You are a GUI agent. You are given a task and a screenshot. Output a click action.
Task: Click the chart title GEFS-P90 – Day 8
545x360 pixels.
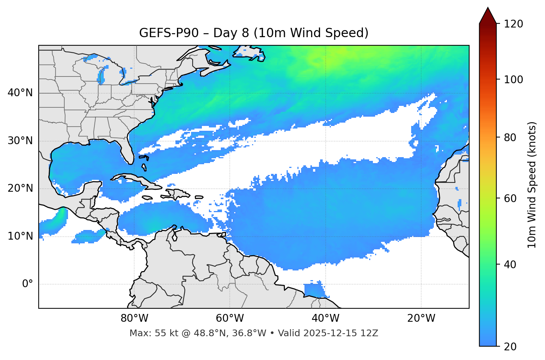point(254,33)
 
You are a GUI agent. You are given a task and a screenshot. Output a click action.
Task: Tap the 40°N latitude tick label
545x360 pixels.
point(20,93)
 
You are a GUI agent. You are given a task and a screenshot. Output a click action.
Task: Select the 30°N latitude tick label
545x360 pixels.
point(20,141)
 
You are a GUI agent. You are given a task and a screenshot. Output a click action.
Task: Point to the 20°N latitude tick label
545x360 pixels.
point(20,188)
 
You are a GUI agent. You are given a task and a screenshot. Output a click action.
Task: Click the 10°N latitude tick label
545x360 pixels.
point(20,236)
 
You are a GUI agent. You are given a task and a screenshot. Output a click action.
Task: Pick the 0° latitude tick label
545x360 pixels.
point(28,284)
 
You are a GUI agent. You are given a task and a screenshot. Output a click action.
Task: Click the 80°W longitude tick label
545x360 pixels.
point(134,318)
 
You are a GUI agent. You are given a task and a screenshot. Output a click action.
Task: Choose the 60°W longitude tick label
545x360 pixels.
point(230,318)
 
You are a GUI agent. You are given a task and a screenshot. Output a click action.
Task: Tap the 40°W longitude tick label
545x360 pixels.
point(326,318)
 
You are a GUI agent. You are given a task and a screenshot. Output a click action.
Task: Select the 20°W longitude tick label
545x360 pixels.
point(421,318)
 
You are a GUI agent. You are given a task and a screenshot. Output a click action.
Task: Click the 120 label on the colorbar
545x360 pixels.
point(513,24)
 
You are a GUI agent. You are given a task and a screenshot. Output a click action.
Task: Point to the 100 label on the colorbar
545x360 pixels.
point(513,80)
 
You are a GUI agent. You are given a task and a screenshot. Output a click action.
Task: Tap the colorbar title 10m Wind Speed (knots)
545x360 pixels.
point(532,185)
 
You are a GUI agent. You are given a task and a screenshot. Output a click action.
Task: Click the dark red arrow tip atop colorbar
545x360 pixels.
point(488,15)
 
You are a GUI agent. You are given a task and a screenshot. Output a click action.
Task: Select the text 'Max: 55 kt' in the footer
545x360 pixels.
point(148,333)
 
